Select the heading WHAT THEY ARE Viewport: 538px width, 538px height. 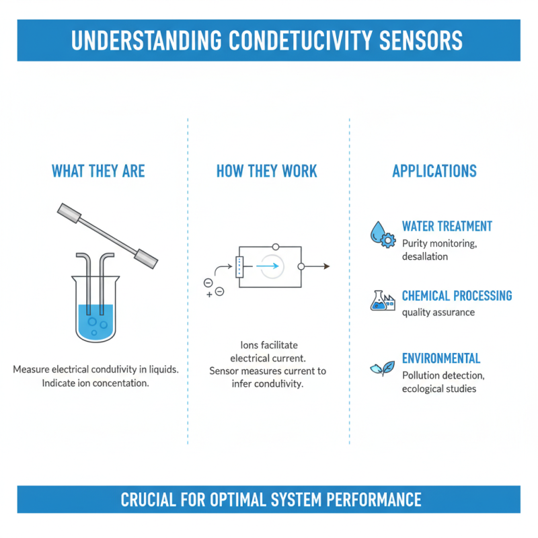98,171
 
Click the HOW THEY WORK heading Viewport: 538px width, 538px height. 266,171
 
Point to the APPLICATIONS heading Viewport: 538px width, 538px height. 434,171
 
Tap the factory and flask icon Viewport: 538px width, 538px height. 382,300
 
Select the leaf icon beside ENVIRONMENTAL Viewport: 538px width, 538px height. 382,368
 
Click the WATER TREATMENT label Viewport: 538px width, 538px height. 447,227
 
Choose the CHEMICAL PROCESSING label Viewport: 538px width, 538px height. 457,296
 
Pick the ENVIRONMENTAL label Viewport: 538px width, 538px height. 441,358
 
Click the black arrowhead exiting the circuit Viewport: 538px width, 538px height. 326,266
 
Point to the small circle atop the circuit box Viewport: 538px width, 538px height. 275,247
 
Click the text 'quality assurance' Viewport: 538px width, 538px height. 438,312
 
